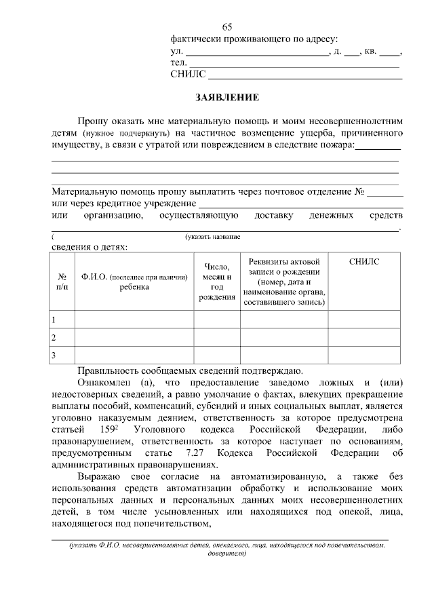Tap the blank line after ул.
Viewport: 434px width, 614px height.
pyautogui.click(x=256, y=52)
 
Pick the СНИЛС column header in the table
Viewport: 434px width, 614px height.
pyautogui.click(x=364, y=261)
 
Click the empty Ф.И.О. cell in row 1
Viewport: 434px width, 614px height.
pyautogui.click(x=134, y=319)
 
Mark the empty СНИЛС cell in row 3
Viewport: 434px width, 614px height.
pyautogui.click(x=364, y=356)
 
